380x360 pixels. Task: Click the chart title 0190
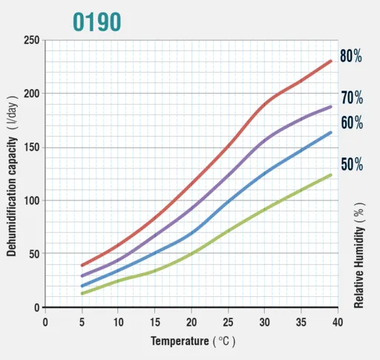tap(97, 22)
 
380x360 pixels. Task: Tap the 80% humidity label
tap(351, 56)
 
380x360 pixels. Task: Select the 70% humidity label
tap(352, 97)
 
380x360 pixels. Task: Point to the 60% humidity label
tap(352, 122)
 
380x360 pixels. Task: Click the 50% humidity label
tap(352, 164)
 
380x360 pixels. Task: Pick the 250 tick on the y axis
tap(32, 40)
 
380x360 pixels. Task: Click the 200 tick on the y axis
tap(32, 94)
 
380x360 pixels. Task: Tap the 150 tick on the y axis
tap(32, 148)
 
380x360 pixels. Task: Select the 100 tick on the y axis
tap(32, 200)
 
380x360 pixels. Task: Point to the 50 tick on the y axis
tap(34, 254)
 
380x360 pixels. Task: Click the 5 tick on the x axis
tap(82, 322)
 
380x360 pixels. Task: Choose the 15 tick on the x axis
tap(155, 322)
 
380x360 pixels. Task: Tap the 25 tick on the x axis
tap(228, 322)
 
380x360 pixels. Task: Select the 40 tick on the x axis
tap(338, 322)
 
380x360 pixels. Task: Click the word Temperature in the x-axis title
tap(180, 341)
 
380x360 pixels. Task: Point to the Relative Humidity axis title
tap(359, 255)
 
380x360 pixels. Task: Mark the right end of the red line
tap(331, 61)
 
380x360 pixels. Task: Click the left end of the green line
tap(82, 293)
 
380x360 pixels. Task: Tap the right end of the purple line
tap(331, 107)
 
